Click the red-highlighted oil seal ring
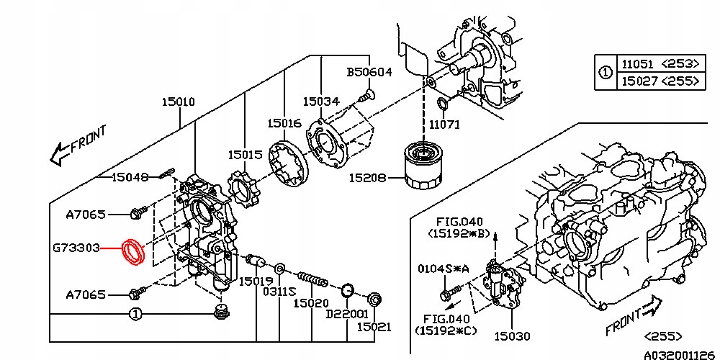pyautogui.click(x=133, y=251)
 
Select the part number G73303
pyautogui.click(x=75, y=248)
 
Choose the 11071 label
pyautogui.click(x=444, y=125)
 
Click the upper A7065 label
pyautogui.click(x=86, y=214)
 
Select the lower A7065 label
pyautogui.click(x=86, y=294)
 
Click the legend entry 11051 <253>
pyautogui.click(x=658, y=64)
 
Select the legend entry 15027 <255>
pyautogui.click(x=658, y=81)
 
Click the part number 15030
pyautogui.click(x=512, y=336)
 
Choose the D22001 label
pyautogui.click(x=347, y=315)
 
